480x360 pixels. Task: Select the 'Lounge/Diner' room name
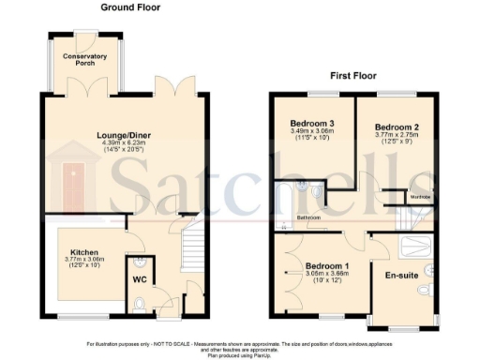pyautogui.click(x=126, y=135)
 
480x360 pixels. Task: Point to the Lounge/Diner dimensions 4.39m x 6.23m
pyautogui.click(x=126, y=143)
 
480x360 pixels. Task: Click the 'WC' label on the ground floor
pyautogui.click(x=138, y=279)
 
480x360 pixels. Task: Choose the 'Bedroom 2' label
pyautogui.click(x=395, y=126)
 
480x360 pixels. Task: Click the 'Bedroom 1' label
pyautogui.click(x=323, y=264)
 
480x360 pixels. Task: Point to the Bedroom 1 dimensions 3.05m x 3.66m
pyautogui.click(x=323, y=274)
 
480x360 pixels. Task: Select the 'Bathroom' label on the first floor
pyautogui.click(x=309, y=217)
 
